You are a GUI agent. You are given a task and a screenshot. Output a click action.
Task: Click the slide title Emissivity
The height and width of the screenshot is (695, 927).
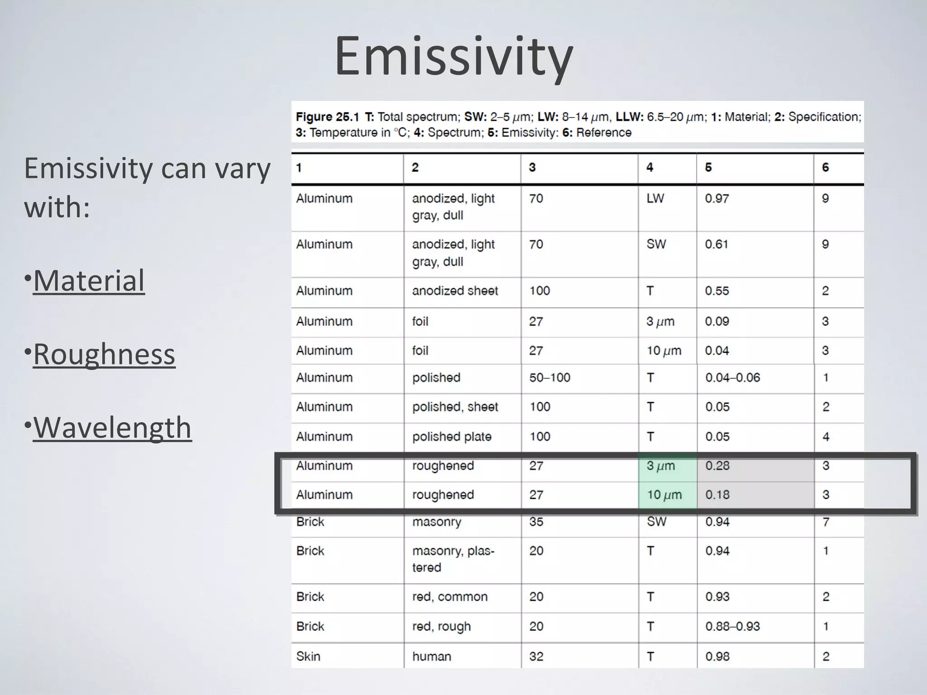[x=454, y=57]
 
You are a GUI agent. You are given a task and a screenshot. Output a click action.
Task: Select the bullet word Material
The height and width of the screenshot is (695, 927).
[x=89, y=281]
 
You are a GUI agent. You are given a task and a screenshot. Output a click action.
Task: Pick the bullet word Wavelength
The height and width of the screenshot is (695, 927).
[x=112, y=428]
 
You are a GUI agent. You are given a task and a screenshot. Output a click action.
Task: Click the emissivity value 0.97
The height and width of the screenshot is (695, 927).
[x=717, y=199]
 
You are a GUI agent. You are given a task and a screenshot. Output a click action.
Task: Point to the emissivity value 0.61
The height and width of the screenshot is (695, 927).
[x=717, y=244]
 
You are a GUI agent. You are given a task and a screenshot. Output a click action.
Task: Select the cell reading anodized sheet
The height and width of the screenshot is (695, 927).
[x=454, y=291]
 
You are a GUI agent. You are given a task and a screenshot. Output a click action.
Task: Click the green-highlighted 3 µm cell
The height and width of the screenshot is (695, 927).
[x=661, y=466]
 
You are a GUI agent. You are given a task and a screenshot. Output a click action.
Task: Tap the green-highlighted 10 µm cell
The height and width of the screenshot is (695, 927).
[x=664, y=495]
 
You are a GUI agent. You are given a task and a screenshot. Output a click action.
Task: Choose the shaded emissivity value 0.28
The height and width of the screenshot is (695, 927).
[x=717, y=466]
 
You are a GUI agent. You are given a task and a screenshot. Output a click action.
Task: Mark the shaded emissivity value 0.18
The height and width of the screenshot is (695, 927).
[x=717, y=495]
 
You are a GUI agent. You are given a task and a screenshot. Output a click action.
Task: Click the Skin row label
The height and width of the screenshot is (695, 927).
[x=308, y=657]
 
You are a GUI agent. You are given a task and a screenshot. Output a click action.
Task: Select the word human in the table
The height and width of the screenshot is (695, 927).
[x=431, y=657]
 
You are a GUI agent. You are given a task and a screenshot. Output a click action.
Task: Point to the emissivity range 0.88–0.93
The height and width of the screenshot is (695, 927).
[x=732, y=627]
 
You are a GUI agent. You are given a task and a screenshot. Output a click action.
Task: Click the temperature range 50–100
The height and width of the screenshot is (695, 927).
[x=550, y=378]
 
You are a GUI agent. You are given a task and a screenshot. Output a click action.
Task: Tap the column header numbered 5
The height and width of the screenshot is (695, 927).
[x=708, y=168]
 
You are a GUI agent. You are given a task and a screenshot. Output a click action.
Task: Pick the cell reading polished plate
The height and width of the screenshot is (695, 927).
[x=451, y=437]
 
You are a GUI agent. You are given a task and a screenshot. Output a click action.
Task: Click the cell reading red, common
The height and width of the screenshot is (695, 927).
[x=449, y=597]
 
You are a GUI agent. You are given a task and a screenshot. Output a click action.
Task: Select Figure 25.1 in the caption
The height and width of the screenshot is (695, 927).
[x=327, y=117]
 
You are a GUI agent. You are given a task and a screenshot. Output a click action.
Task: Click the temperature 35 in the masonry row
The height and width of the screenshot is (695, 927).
[x=536, y=522]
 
